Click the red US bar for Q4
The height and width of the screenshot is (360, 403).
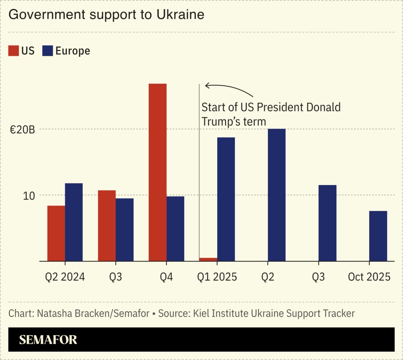tap(157, 172)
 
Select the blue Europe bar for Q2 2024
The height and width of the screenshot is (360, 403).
tap(74, 222)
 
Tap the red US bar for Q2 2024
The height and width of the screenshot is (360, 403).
tap(56, 233)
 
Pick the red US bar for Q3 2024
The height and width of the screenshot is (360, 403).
tap(107, 226)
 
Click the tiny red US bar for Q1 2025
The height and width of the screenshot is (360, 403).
tap(208, 259)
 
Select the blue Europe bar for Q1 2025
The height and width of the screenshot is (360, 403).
tap(226, 199)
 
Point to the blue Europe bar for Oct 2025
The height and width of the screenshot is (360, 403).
tap(378, 236)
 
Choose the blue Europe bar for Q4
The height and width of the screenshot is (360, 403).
tap(175, 228)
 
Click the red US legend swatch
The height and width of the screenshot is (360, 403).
tap(13, 51)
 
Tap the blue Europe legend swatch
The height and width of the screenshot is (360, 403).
tap(47, 51)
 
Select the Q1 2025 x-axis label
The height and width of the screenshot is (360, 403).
tap(217, 277)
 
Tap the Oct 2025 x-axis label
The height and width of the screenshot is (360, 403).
tap(369, 277)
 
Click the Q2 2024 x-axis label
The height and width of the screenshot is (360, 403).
tap(65, 277)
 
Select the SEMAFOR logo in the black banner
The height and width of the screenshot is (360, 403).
tap(48, 340)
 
